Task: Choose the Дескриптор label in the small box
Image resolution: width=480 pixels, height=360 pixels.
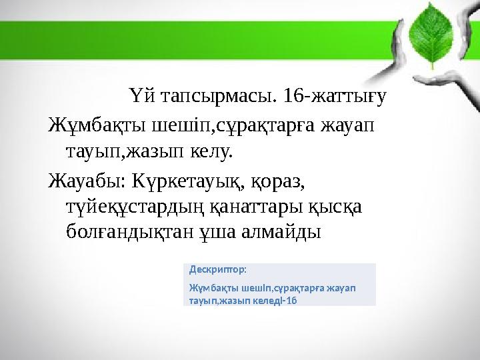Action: (218, 270)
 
